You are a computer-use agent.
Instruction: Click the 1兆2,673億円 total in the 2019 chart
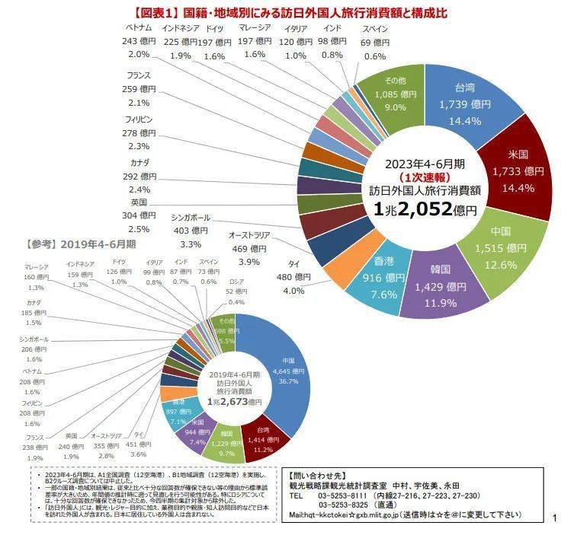pos(234,401)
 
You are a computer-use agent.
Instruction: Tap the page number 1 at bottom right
pos(555,518)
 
